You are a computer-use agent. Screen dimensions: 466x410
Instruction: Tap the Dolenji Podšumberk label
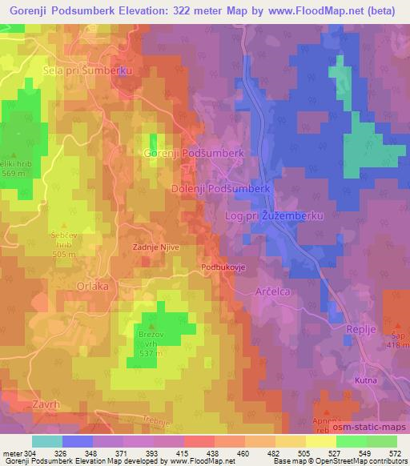(223, 187)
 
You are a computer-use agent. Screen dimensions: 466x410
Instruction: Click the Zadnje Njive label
(155, 247)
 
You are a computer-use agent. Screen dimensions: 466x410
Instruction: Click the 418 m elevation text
(396, 344)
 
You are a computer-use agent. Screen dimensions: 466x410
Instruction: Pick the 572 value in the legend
(395, 454)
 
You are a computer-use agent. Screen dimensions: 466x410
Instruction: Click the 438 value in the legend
(202, 454)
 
